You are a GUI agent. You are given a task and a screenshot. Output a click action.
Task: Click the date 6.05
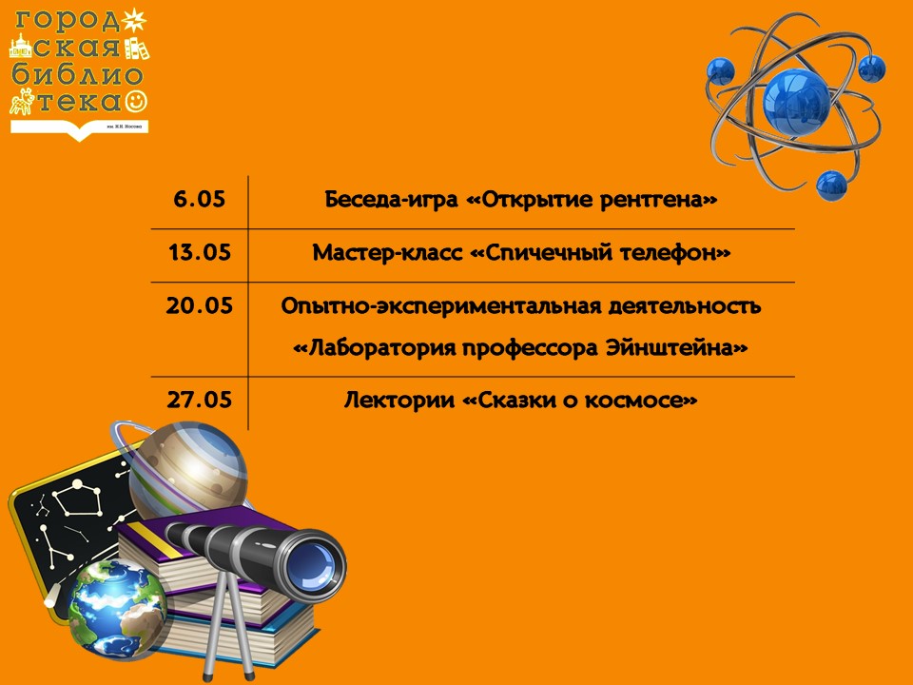point(199,199)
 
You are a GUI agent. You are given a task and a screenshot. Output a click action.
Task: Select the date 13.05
point(200,253)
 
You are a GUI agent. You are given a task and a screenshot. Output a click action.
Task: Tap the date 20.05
point(199,305)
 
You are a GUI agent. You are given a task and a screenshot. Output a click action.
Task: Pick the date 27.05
point(199,401)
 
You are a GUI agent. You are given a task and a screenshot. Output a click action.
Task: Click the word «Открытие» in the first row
point(530,200)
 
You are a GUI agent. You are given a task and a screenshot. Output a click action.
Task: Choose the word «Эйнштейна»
point(676,348)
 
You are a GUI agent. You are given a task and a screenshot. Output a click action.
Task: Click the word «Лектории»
point(398,401)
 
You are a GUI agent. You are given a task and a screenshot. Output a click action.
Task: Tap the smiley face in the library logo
point(136,101)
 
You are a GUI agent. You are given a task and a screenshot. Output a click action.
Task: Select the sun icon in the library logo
point(133,21)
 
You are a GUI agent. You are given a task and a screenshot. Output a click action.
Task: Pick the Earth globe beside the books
point(117,610)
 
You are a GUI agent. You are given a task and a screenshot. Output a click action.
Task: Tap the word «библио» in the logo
point(77,75)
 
